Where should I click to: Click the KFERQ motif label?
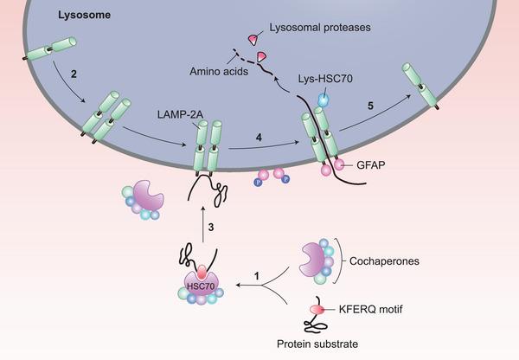380,307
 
